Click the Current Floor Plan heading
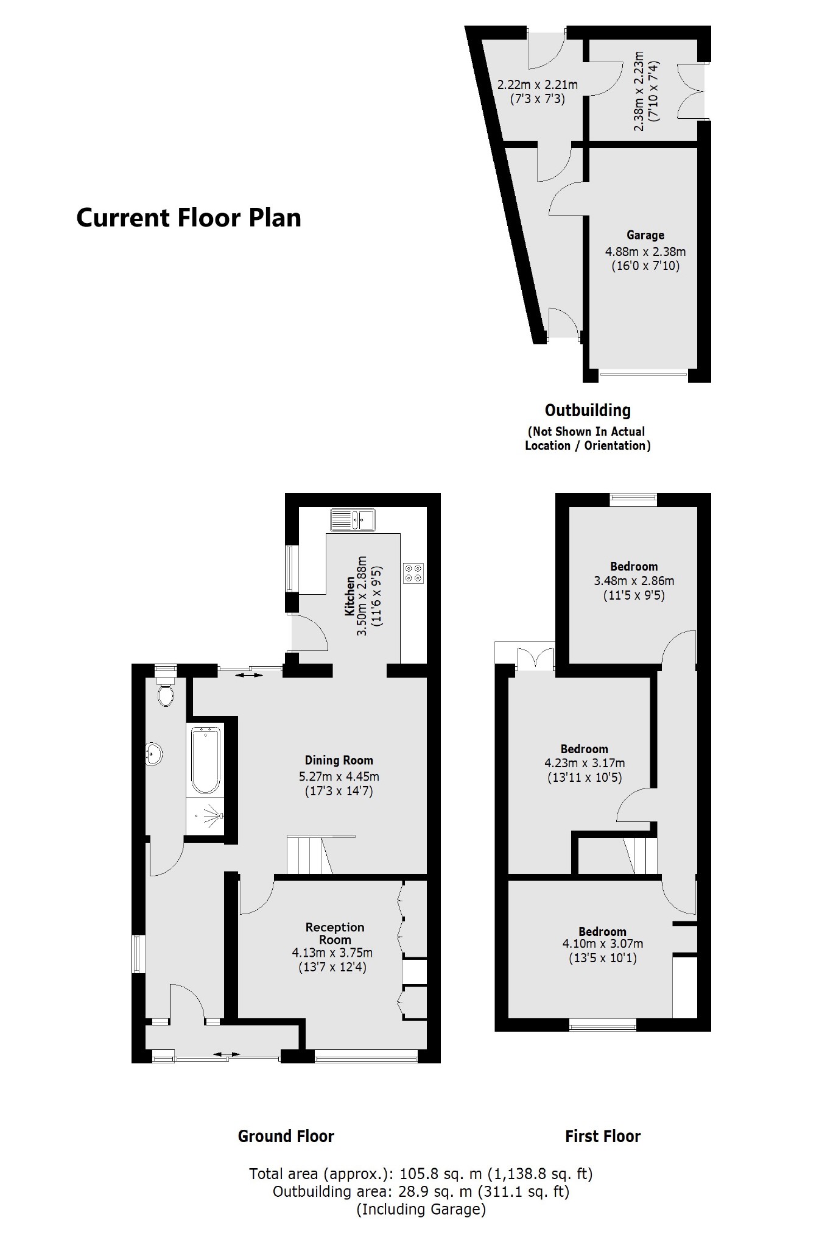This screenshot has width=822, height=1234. pos(188,218)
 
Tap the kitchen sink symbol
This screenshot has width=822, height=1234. pos(353,519)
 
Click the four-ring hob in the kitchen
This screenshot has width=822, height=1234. pos(413,573)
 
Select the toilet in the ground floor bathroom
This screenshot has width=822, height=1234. pos(165,692)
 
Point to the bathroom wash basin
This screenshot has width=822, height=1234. pos(153,754)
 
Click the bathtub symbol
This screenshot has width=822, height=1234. pos(205,760)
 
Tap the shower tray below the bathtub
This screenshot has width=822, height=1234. pos(205,815)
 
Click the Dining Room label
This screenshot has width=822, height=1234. pos(339,760)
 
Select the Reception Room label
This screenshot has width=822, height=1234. pos(334,933)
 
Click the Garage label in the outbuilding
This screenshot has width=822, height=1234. pos(645,235)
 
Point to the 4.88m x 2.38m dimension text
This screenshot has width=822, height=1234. pos(645,251)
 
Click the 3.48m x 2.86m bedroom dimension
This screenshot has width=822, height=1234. pos(634,581)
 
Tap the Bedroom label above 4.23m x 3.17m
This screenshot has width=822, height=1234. pos(584,749)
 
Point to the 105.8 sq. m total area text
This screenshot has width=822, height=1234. pos(420,1173)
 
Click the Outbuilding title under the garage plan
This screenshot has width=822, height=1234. pos(588,410)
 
